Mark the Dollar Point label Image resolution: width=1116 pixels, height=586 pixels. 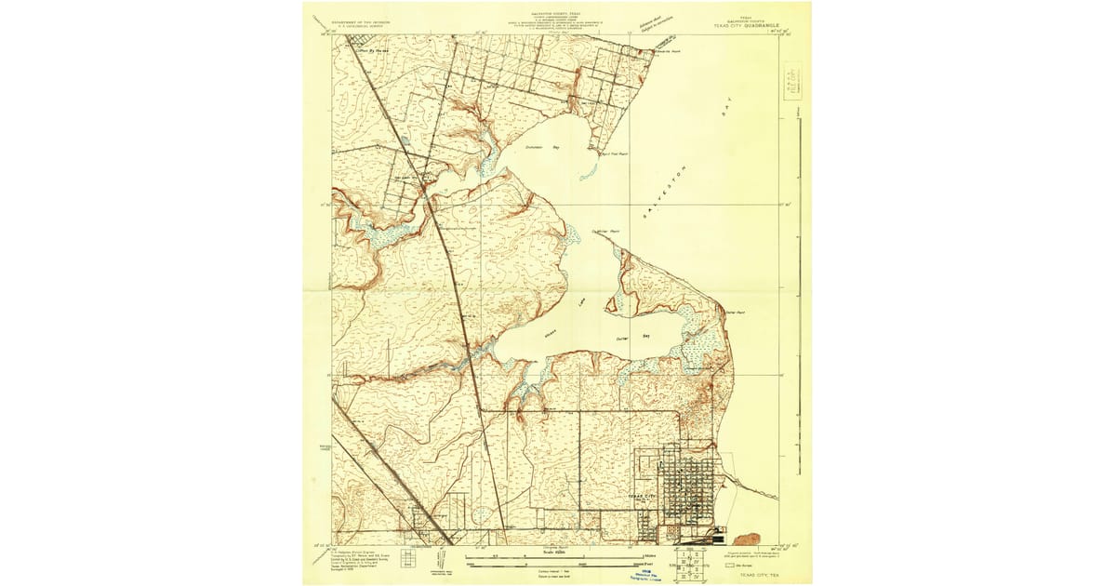pyautogui.click(x=736, y=313)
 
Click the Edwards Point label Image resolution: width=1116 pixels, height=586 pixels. pyautogui.click(x=670, y=52)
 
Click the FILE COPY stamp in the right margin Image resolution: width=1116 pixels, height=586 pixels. pyautogui.click(x=793, y=76)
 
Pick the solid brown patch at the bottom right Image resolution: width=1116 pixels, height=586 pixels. pyautogui.click(x=747, y=539)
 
